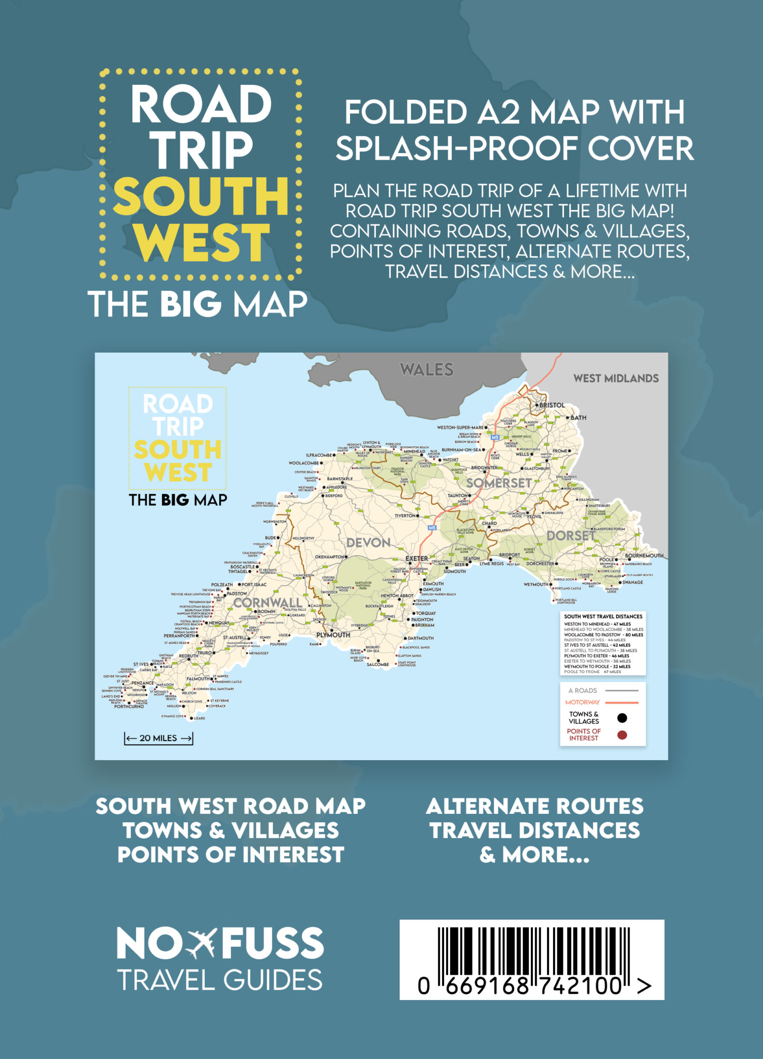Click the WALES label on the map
tap(426, 370)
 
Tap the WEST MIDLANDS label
tap(616, 379)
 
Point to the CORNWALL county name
tap(267, 603)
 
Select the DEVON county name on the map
tap(368, 543)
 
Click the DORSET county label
tap(570, 536)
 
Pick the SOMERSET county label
tap(499, 483)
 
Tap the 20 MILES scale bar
tap(158, 738)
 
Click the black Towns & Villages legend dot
tap(622, 718)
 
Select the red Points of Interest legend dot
tap(622, 735)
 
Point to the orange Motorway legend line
tap(622, 702)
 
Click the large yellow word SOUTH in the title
tap(201, 197)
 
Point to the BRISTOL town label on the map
tap(552, 405)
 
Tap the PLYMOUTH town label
tap(333, 634)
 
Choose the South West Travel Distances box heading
tap(603, 616)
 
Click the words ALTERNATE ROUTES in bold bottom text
tap(535, 806)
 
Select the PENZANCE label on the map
tap(142, 683)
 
